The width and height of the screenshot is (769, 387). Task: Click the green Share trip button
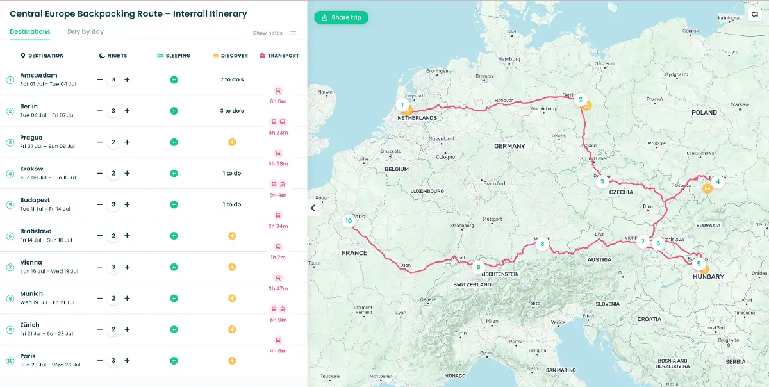point(341,17)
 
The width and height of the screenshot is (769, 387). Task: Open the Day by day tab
point(85,31)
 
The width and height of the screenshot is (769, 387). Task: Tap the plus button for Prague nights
point(127,142)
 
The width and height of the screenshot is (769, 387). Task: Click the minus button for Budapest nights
point(99,204)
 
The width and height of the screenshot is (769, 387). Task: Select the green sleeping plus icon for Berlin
point(174,111)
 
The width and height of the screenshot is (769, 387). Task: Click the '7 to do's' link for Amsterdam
point(231,79)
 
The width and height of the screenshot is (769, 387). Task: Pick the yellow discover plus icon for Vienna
point(232,267)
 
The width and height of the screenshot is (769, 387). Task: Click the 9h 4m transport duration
point(278,195)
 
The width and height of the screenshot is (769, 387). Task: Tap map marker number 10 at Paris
point(349,221)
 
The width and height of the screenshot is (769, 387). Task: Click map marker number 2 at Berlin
point(581,99)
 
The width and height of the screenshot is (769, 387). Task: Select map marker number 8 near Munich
point(542,243)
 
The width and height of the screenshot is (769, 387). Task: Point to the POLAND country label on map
point(704,113)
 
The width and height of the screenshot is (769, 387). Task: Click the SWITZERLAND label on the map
point(472,284)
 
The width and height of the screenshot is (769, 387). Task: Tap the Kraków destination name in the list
point(31,169)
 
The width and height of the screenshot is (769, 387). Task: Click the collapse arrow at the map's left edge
point(313,208)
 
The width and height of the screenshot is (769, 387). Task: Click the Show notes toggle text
point(267,33)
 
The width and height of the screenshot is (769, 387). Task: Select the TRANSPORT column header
point(283,56)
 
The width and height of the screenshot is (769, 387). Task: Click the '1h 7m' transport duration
point(278,258)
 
